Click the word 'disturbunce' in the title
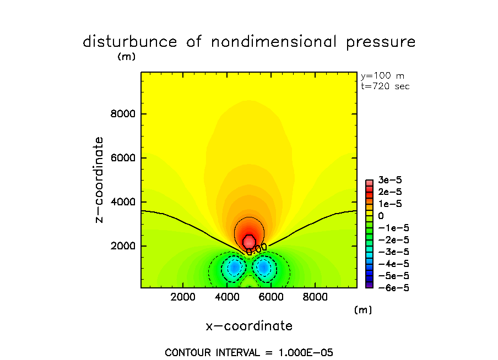point(129,42)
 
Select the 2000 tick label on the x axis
point(183,297)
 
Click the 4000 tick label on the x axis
point(227,297)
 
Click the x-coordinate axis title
point(249,326)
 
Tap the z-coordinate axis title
point(100,180)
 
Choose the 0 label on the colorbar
point(380,216)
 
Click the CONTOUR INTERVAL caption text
point(249,352)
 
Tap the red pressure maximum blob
point(249,241)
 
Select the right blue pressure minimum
point(263,267)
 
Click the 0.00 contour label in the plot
point(257,249)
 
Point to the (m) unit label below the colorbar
point(362,310)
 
